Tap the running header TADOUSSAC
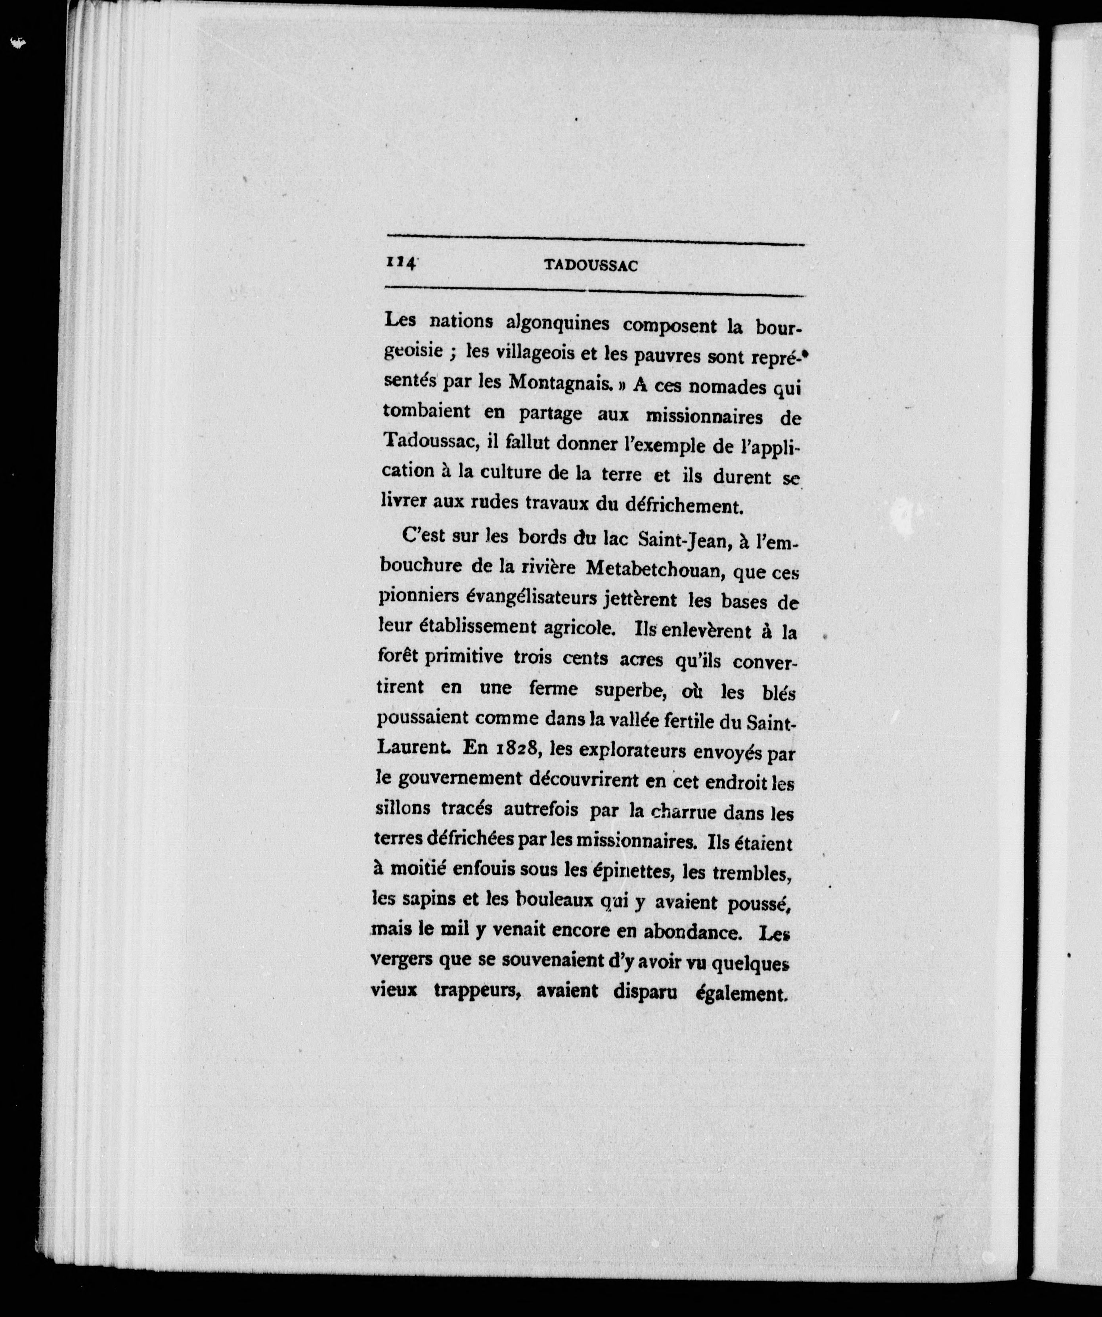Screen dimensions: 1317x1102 (591, 266)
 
